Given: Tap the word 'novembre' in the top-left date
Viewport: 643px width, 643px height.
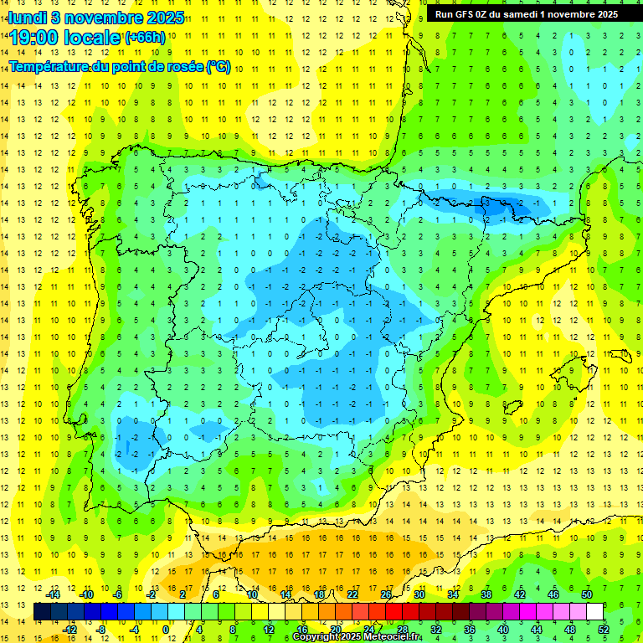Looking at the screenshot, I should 102,18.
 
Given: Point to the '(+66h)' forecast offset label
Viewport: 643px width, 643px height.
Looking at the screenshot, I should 145,38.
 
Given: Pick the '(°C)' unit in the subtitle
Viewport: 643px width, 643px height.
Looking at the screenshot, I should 219,66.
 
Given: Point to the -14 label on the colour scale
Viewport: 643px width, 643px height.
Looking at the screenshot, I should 53,594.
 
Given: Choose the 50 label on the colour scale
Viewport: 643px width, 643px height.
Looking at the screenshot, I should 587,594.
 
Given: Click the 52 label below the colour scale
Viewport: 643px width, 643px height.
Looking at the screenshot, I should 604,630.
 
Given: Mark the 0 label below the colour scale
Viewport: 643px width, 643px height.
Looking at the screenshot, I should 166,630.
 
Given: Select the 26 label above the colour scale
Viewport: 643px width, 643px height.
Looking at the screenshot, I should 386,594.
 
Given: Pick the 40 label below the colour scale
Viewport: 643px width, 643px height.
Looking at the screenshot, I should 503,630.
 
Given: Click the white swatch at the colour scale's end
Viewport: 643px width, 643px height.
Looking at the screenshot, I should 595,612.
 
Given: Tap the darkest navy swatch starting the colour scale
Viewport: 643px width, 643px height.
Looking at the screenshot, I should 43,612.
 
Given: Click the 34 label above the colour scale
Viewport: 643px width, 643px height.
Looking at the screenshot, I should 453,594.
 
